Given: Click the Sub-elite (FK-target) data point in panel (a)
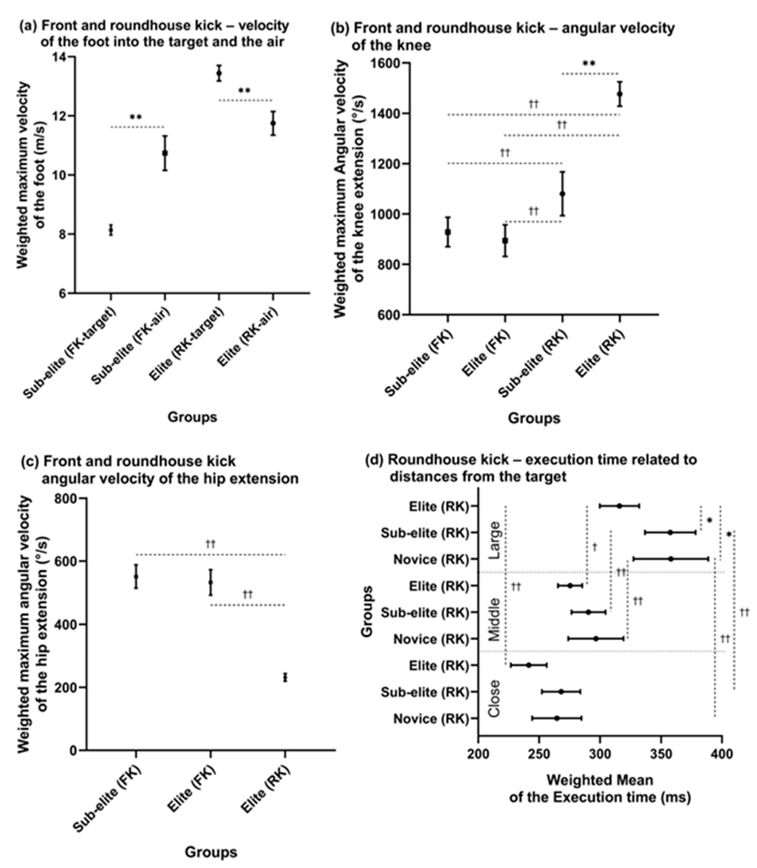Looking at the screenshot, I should coord(111,230).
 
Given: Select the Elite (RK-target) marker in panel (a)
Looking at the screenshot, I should coord(219,73).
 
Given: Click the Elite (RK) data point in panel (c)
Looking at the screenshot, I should coord(285,677).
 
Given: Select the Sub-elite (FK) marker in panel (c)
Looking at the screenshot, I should coord(136,576).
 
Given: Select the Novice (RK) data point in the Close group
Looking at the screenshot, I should coord(557,718).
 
